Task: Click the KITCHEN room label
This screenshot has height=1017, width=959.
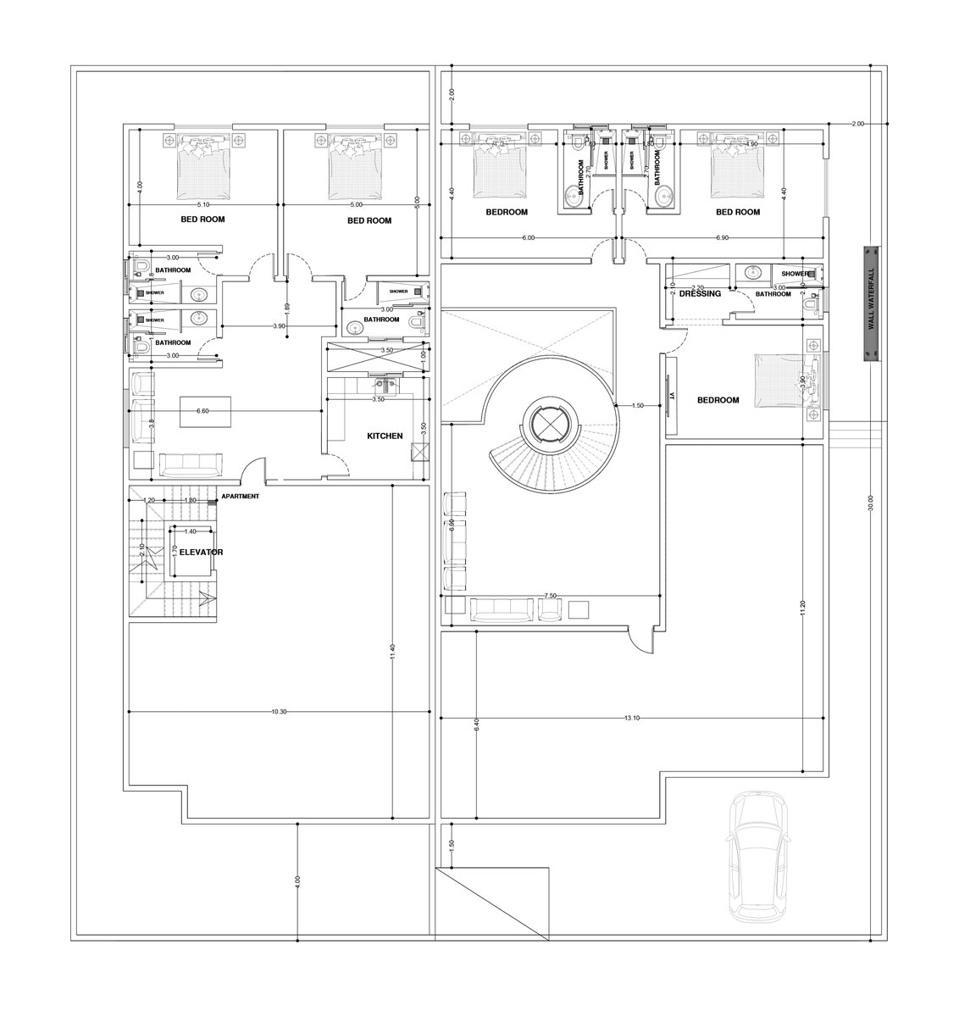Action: pos(384,436)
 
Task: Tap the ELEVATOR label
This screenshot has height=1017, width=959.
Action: pos(200,552)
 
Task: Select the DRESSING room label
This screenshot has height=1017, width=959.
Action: pos(700,294)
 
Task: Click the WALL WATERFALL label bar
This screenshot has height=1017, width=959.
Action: pos(869,304)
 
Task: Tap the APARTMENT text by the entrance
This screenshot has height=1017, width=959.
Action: pos(240,497)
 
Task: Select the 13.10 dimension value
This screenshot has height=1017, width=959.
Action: pos(631,719)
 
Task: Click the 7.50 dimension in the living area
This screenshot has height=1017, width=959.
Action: pos(551,596)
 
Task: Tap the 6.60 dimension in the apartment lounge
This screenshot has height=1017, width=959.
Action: pos(202,410)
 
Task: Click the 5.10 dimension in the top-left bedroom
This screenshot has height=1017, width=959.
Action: pos(202,204)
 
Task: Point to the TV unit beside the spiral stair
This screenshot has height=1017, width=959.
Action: pos(668,396)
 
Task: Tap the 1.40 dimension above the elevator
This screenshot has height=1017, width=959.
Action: pos(190,531)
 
